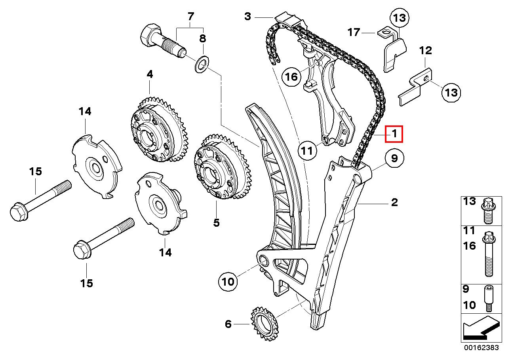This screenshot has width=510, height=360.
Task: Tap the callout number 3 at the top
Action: (x=247, y=16)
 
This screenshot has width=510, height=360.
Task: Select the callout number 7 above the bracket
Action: (x=190, y=16)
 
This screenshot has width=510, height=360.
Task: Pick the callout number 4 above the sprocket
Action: (x=150, y=74)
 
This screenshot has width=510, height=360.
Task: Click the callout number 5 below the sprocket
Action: (x=216, y=222)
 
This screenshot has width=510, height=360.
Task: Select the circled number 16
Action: (x=291, y=77)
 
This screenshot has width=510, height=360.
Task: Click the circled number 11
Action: (x=307, y=151)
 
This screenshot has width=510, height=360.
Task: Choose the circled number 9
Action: (x=394, y=158)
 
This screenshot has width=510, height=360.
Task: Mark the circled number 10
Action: (x=228, y=282)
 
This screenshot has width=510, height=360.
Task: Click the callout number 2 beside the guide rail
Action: (x=394, y=202)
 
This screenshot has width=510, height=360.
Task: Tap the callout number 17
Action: (x=354, y=32)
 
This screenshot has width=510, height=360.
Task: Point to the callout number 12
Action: (x=426, y=51)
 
